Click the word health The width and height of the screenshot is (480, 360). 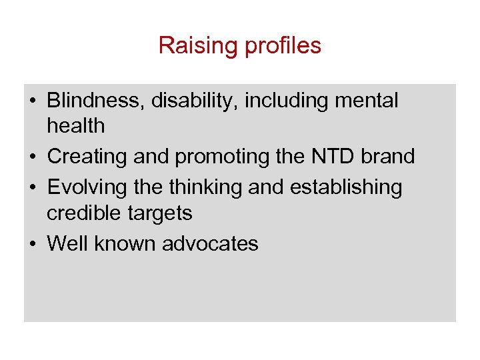coord(75,125)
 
